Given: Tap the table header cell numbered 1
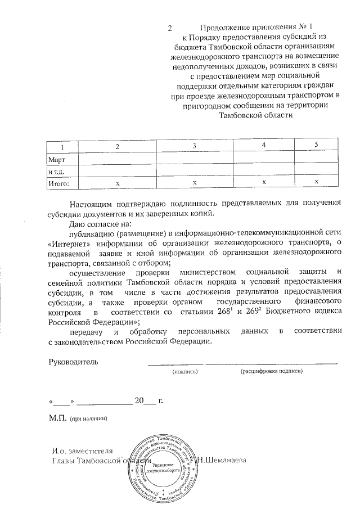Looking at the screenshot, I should click(62, 147).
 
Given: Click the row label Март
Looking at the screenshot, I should click(57, 160).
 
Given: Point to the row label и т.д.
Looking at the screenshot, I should click(57, 172).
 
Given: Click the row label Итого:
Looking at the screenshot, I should click(60, 183).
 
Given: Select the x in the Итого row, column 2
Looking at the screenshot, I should click(118, 184).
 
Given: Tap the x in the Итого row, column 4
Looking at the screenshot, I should click(264, 182).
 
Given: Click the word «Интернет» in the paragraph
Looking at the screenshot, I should click(70, 243).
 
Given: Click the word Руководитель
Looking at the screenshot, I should click(74, 361).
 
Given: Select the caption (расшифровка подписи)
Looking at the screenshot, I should click(271, 371).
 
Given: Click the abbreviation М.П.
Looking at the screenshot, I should click(58, 418).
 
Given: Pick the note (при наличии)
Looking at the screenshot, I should click(88, 419).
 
